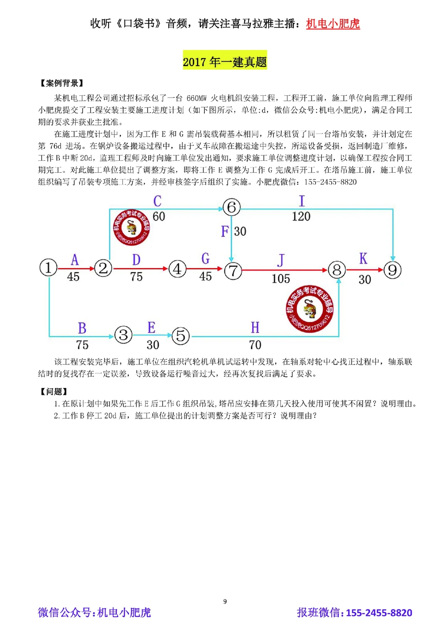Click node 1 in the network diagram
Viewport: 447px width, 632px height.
[48, 268]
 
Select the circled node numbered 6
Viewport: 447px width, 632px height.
[232, 207]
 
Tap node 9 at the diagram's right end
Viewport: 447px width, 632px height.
[392, 270]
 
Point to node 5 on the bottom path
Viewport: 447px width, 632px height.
[181, 335]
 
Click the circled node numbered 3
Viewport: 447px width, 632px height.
[123, 335]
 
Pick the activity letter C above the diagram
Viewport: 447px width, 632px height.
[157, 201]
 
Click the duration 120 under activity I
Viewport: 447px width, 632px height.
[301, 217]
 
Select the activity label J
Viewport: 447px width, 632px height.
[281, 260]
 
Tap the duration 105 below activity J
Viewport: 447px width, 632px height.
[281, 279]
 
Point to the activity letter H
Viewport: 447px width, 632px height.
[255, 327]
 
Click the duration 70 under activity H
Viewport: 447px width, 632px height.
[255, 345]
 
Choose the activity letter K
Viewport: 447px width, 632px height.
[363, 259]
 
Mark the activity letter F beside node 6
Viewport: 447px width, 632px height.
[224, 231]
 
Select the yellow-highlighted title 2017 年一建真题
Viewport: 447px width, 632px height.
[225, 62]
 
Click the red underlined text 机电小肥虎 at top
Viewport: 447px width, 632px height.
[333, 24]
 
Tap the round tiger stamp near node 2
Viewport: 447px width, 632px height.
[131, 227]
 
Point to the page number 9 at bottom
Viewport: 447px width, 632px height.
[225, 601]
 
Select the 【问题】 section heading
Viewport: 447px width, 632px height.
[54, 392]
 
